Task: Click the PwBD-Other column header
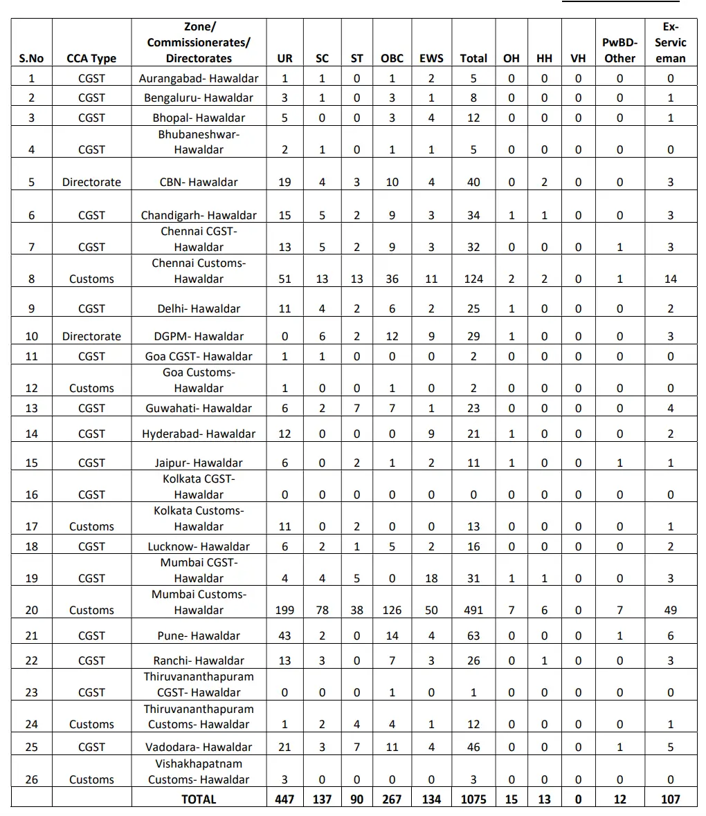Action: [619, 50]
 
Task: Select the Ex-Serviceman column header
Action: [670, 42]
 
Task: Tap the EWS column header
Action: [431, 59]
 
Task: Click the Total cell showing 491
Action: [473, 610]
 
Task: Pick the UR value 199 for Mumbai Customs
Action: [284, 610]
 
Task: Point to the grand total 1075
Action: [473, 799]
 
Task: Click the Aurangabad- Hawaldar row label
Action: [199, 78]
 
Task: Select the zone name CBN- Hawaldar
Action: [199, 182]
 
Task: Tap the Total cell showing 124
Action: [473, 279]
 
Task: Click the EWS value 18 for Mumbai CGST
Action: [431, 578]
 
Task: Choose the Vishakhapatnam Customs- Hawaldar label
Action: [199, 771]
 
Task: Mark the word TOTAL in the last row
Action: [199, 799]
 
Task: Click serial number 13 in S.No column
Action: [31, 408]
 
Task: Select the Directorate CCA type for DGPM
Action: [91, 336]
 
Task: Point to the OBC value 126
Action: [392, 610]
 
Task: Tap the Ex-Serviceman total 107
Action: [670, 799]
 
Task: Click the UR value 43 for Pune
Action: [284, 636]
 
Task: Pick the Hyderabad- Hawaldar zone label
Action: [199, 434]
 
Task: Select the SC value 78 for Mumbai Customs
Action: [322, 610]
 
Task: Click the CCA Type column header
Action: [91, 59]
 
